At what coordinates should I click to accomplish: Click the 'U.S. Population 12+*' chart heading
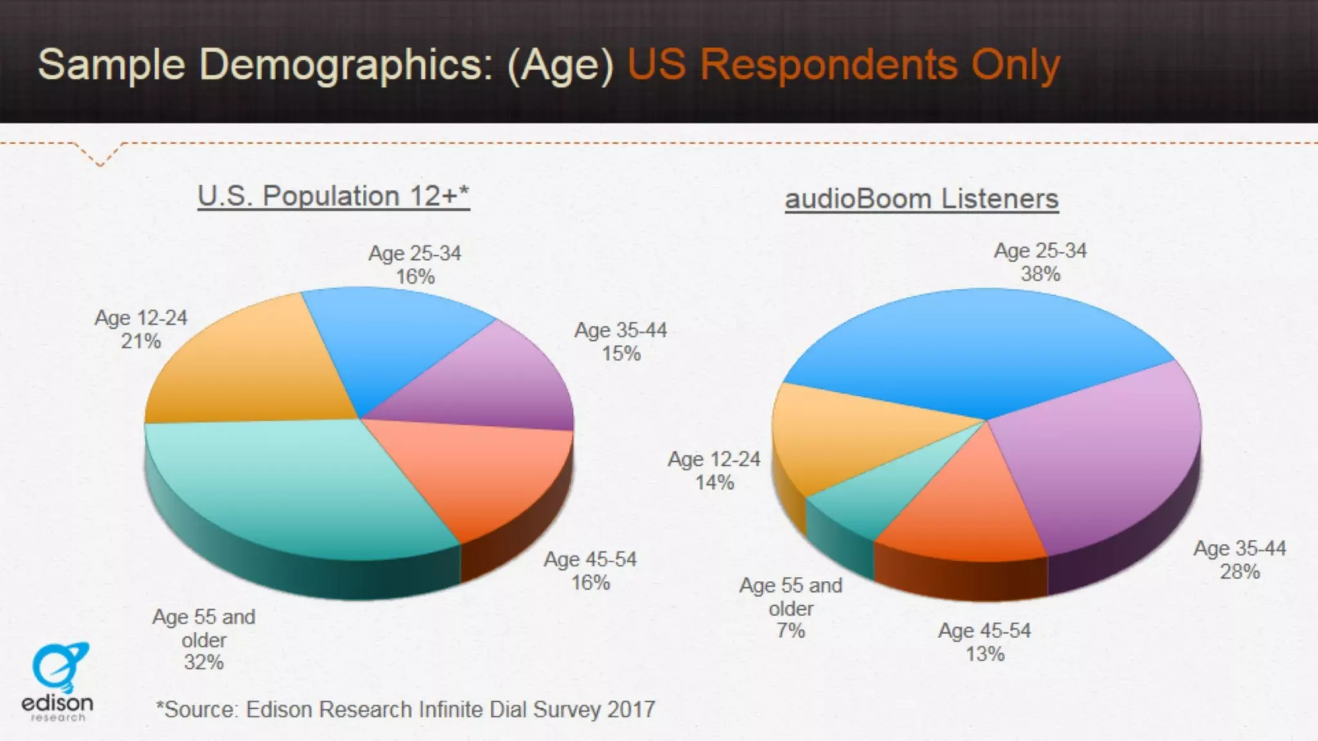[333, 196]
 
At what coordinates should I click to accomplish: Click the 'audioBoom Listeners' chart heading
[922, 199]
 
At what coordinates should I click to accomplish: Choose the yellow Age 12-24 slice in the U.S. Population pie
[251, 367]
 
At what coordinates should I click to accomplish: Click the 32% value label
[204, 662]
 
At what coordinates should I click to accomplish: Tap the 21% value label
[141, 341]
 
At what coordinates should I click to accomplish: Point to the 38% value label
[1041, 274]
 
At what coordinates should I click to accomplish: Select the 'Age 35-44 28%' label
[1240, 560]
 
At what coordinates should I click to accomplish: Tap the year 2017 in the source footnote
[631, 709]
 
